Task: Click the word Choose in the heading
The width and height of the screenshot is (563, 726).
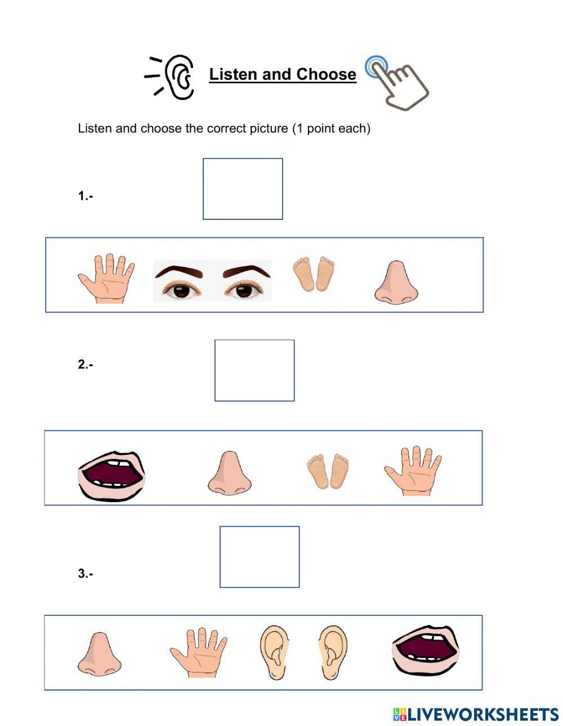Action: (326, 74)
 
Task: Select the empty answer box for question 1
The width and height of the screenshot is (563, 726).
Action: (243, 189)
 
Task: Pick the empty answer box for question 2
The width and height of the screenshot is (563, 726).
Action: (254, 371)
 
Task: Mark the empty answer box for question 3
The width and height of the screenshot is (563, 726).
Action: (260, 557)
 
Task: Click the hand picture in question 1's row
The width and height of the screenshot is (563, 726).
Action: (107, 278)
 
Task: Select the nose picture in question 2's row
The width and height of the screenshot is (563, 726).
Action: (229, 473)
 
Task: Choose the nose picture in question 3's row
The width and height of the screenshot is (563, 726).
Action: (99, 654)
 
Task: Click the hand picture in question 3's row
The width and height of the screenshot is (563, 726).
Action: (198, 653)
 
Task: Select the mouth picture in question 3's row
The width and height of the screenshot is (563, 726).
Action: (425, 651)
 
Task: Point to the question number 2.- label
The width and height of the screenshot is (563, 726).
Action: (86, 364)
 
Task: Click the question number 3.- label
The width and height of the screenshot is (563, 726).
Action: (86, 574)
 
